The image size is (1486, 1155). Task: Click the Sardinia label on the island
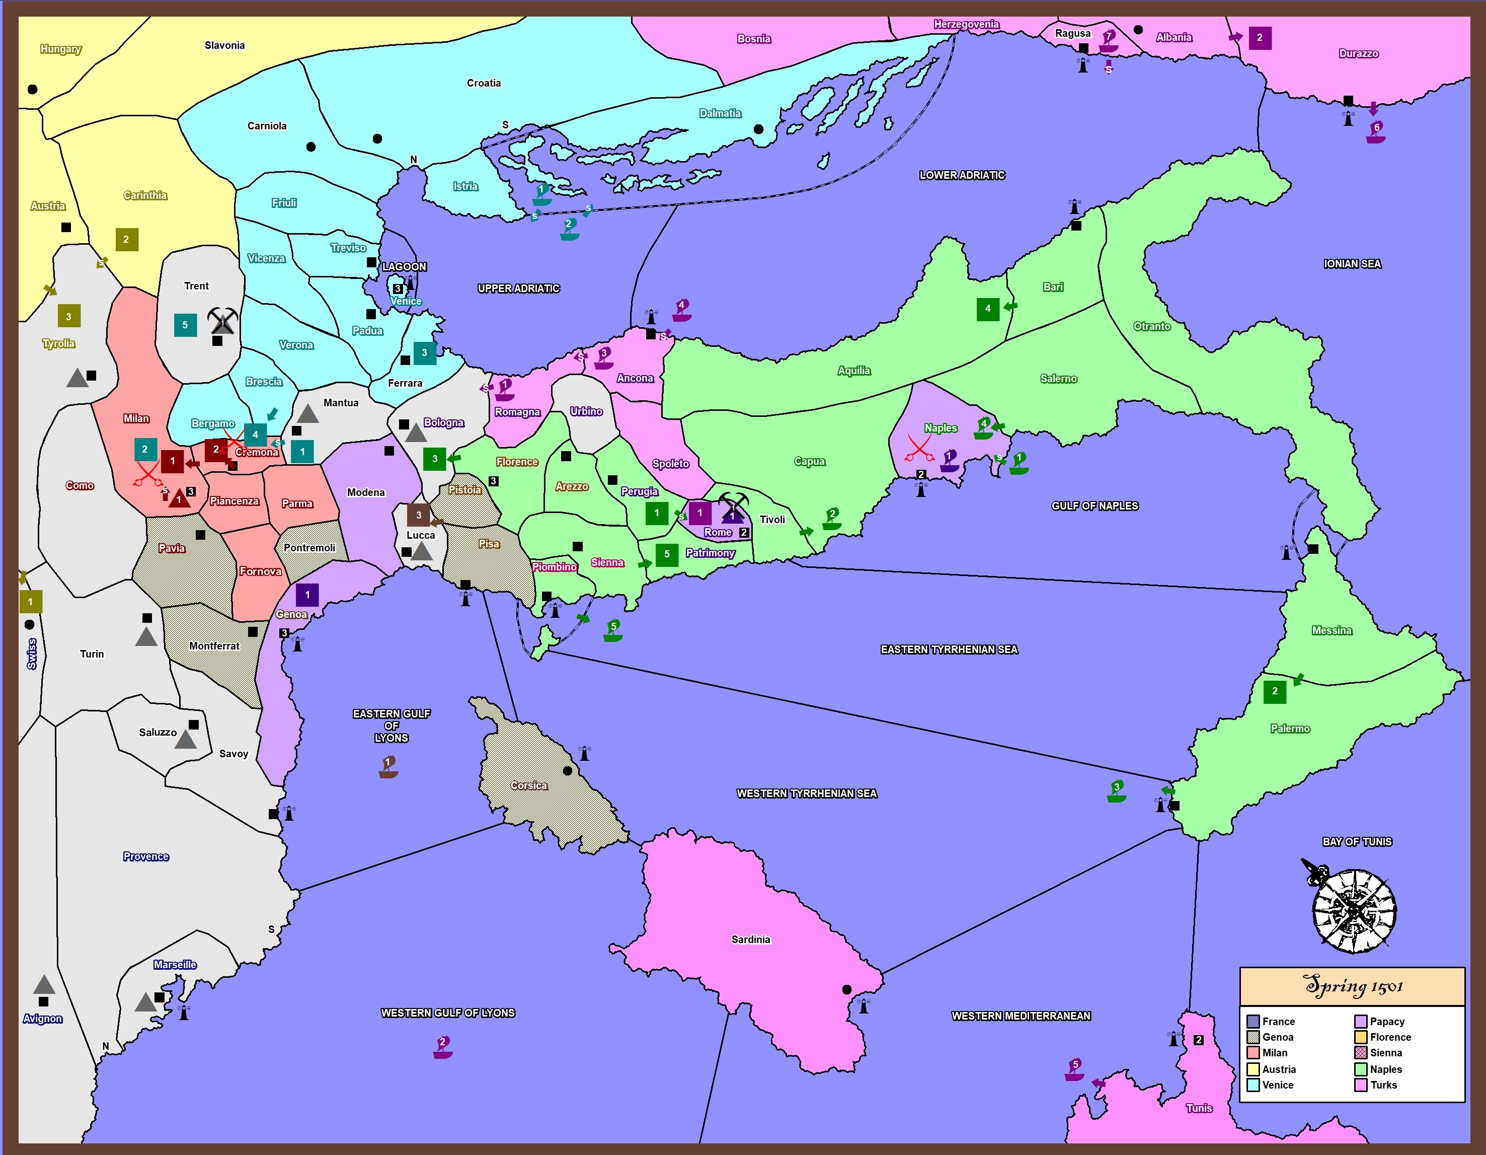(750, 939)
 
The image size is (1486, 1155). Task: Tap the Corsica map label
(529, 785)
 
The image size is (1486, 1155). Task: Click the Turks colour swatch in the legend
(1361, 1085)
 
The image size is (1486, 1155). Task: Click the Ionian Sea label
(1352, 264)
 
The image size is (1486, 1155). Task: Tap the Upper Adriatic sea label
(518, 288)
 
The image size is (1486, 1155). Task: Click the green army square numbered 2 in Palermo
(1274, 691)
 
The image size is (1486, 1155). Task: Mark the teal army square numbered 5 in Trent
(185, 325)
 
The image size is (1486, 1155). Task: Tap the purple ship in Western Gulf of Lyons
(442, 1047)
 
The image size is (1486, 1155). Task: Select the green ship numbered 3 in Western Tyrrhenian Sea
(1116, 791)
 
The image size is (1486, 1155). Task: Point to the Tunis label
(1199, 1108)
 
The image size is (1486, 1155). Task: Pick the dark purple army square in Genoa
(307, 595)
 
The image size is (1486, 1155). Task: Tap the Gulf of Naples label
(1094, 506)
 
